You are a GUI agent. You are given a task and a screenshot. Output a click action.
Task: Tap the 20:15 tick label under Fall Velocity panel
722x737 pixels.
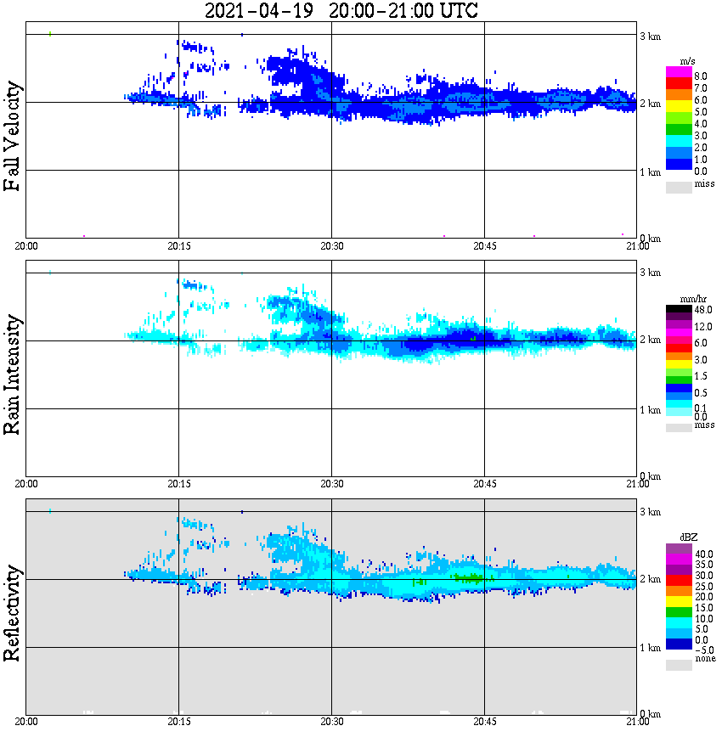click(178, 246)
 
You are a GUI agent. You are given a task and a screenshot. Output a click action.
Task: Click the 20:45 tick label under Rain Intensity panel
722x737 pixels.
click(484, 484)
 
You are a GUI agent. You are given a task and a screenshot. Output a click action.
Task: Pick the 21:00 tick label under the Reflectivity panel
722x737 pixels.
click(637, 722)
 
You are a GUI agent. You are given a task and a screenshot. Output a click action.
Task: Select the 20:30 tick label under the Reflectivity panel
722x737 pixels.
click(331, 722)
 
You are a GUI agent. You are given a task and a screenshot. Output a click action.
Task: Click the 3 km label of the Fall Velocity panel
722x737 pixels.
click(650, 36)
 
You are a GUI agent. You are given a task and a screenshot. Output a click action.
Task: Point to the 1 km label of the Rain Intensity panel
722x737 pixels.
click(650, 410)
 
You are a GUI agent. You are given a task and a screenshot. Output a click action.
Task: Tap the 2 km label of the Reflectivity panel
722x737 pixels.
click(650, 580)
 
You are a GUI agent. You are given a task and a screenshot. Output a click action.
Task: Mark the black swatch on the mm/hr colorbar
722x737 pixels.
click(679, 309)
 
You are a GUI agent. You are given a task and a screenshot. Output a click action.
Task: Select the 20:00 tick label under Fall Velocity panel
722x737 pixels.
click(26, 246)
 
